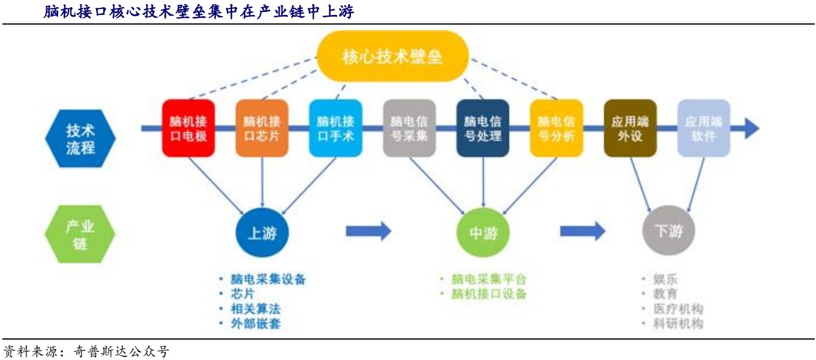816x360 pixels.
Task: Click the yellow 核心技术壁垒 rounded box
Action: click(x=392, y=56)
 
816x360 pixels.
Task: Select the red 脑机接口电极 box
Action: click(x=188, y=128)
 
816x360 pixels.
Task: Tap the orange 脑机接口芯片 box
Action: click(x=262, y=128)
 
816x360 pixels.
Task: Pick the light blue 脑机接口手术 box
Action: click(x=335, y=128)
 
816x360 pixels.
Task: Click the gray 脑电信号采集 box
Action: click(x=409, y=128)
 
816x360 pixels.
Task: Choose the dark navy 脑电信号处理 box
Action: click(x=483, y=128)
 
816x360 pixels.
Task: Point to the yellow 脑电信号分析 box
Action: click(x=557, y=128)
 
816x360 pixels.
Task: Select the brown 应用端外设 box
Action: click(x=630, y=128)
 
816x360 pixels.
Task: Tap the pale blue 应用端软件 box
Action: click(x=704, y=128)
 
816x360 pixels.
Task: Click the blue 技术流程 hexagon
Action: click(x=80, y=139)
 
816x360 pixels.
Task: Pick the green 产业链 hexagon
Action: click(x=80, y=234)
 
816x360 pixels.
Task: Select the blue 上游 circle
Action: click(x=262, y=232)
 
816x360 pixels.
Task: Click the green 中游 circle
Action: click(x=483, y=232)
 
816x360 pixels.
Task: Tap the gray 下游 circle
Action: click(x=668, y=230)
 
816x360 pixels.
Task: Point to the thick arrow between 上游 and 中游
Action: click(x=368, y=231)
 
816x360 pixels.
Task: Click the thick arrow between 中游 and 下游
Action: click(x=583, y=231)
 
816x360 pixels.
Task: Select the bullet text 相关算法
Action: click(x=256, y=309)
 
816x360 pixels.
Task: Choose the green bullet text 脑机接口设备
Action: click(x=489, y=293)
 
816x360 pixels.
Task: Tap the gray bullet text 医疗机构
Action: click(x=678, y=309)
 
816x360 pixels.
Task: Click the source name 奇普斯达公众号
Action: click(x=122, y=351)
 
